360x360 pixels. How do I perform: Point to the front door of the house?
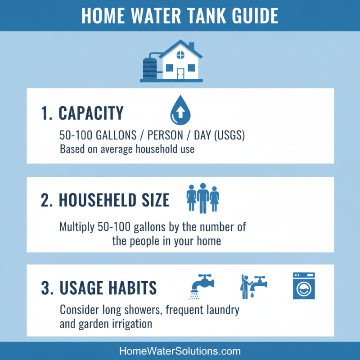click(180, 74)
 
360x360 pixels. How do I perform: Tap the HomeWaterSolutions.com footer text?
click(180, 351)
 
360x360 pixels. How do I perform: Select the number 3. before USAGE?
click(47, 288)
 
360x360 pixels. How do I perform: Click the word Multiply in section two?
click(77, 227)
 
